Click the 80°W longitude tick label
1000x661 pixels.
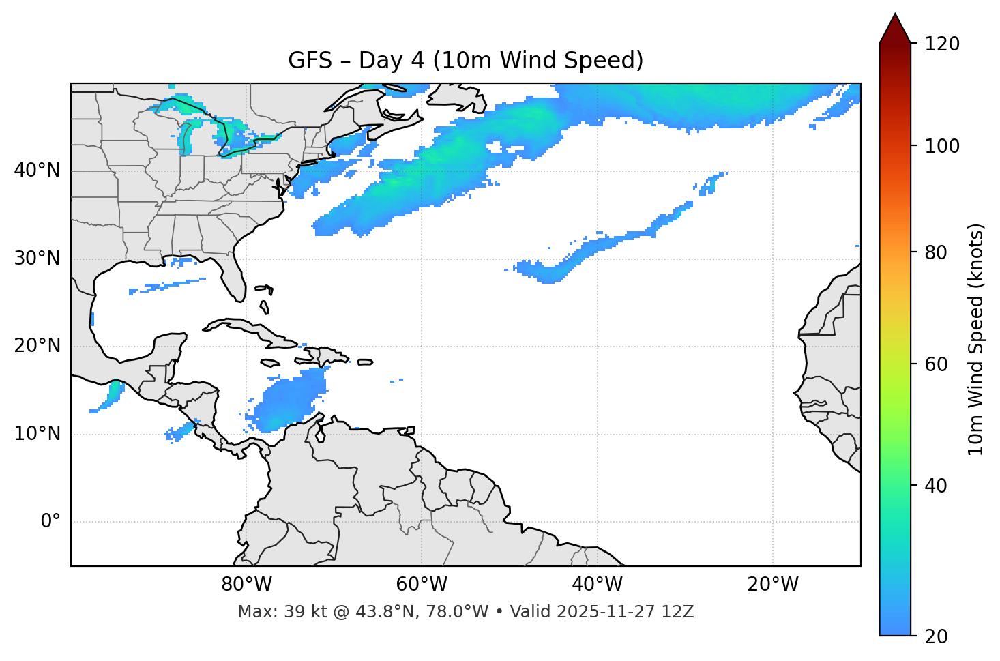coord(246,585)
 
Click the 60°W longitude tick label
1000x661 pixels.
coord(422,585)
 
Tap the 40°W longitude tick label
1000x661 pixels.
coord(597,585)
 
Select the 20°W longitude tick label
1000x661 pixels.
coord(772,585)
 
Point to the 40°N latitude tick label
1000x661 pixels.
coord(37,171)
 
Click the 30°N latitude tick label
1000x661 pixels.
coord(37,259)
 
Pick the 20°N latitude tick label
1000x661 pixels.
coord(37,346)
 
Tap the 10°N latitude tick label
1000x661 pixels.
coord(37,434)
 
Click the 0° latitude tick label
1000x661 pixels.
coord(50,522)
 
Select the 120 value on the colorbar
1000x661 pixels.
coord(941,44)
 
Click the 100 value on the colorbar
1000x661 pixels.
coord(941,146)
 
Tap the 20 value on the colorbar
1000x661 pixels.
coord(937,636)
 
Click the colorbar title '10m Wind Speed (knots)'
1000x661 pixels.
coord(976,339)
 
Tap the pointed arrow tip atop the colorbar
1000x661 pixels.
coord(895,16)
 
